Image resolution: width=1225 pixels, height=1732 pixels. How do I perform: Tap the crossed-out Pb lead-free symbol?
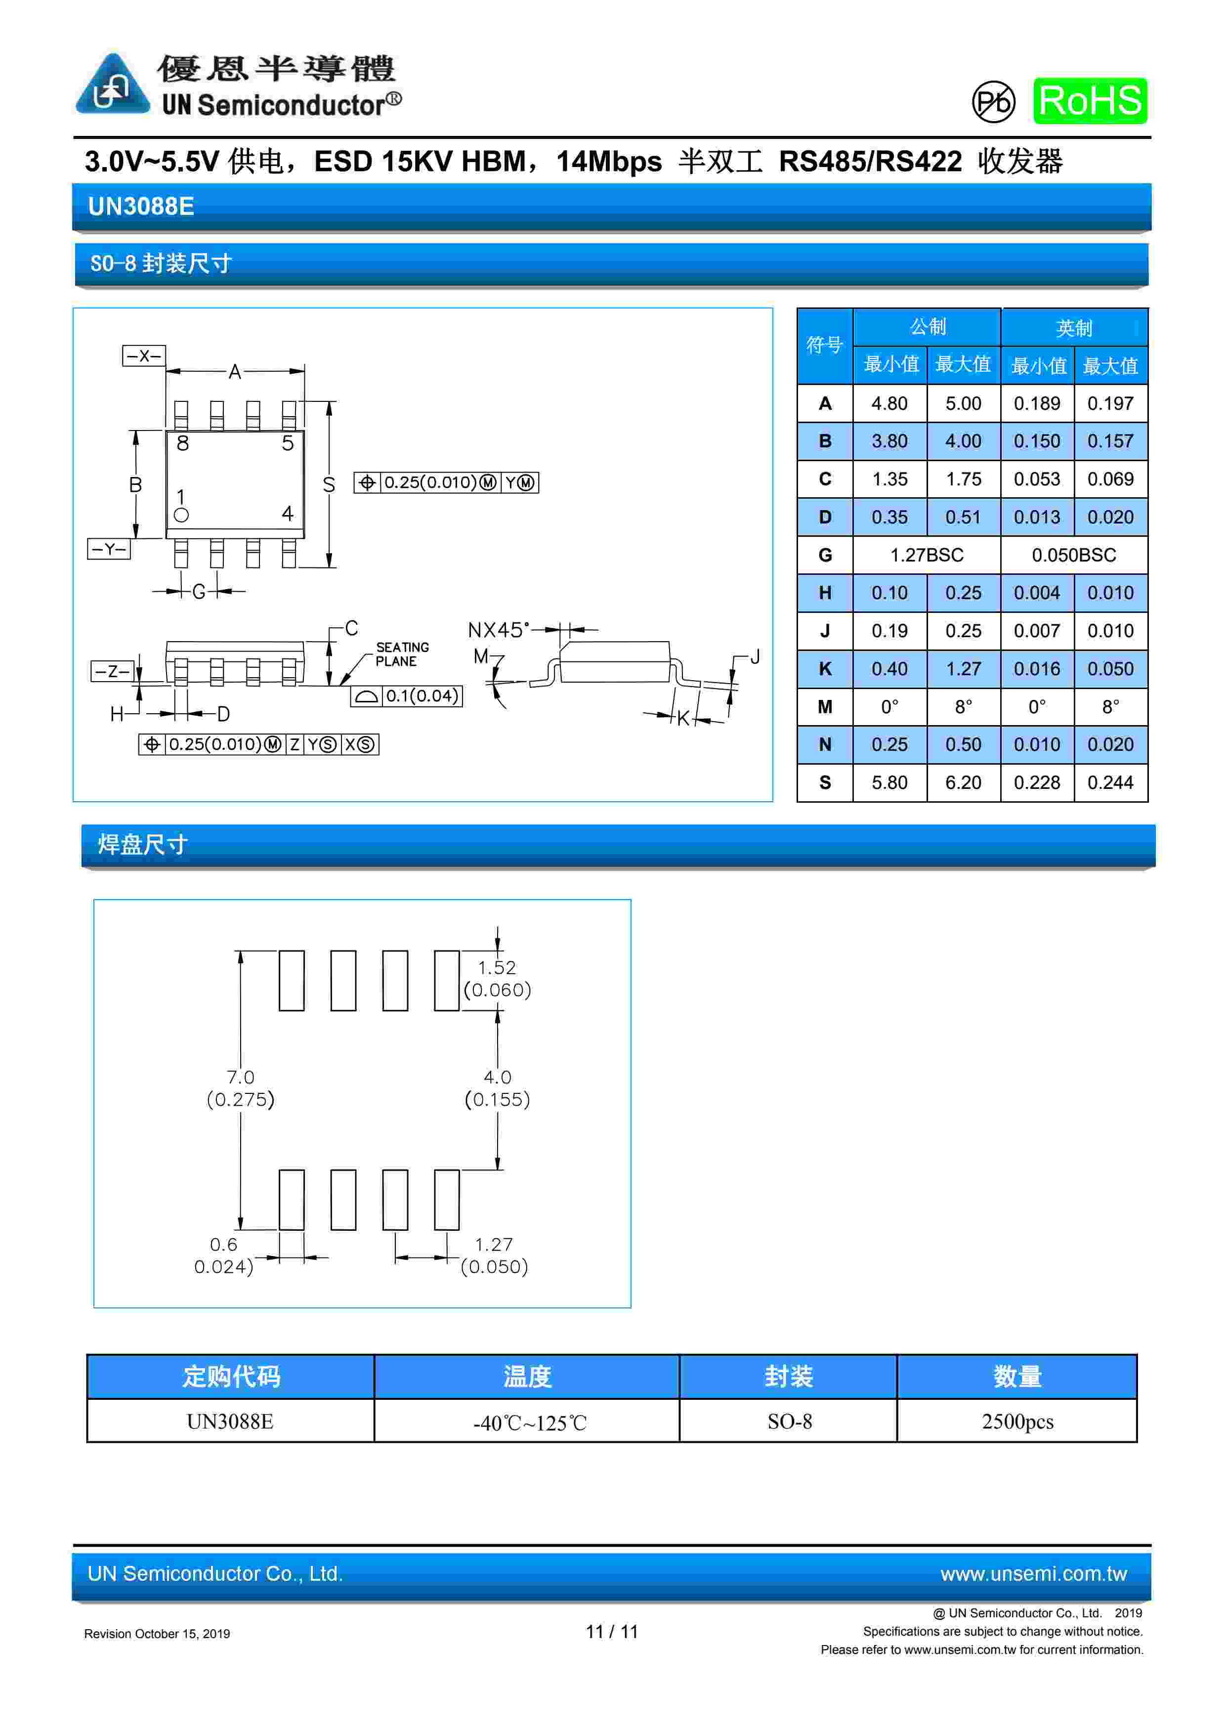[x=993, y=102]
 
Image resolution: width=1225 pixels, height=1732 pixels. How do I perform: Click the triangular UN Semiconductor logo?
[x=112, y=85]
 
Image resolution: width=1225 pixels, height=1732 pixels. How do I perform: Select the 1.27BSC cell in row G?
[x=927, y=555]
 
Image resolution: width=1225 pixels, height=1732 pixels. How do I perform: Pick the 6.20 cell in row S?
[x=963, y=782]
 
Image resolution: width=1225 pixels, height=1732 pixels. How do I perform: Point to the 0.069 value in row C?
[x=1110, y=479]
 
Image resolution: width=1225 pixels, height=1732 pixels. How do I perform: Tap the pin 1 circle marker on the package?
[x=181, y=515]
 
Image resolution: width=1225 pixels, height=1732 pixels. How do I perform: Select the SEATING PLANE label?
[x=402, y=654]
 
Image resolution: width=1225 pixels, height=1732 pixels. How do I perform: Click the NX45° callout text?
[x=498, y=630]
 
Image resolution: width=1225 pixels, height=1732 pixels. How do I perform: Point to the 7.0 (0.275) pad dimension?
[x=241, y=1088]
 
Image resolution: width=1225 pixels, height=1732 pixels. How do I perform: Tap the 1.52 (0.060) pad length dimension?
[x=497, y=978]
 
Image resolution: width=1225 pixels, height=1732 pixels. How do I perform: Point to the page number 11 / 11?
[x=612, y=1632]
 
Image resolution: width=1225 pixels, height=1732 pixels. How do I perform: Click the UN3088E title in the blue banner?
[x=141, y=206]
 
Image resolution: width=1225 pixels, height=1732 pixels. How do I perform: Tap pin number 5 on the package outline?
[x=288, y=443]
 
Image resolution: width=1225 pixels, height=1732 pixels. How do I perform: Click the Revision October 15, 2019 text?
[x=157, y=1633]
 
